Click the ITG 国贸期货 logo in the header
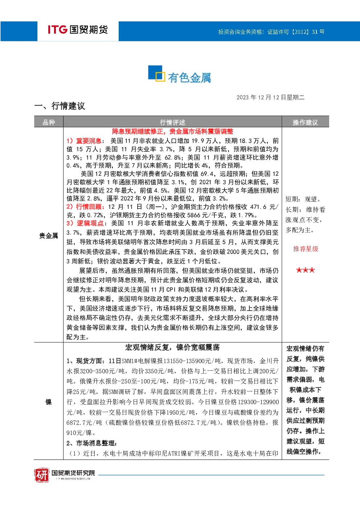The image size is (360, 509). [x=78, y=29]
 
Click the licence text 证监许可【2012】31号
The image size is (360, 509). [x=296, y=32]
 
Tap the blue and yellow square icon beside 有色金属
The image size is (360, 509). [x=156, y=73]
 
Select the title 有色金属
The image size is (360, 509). [x=189, y=78]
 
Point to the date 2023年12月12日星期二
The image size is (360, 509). [x=270, y=98]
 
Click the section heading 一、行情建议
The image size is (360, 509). [x=60, y=106]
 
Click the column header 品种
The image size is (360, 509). [x=49, y=123]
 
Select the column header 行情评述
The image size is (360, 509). [x=172, y=123]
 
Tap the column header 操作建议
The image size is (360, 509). [x=305, y=123]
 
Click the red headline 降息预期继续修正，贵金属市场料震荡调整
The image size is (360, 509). [x=172, y=131]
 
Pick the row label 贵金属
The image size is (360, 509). [x=48, y=236]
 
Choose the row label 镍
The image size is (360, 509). [x=48, y=402]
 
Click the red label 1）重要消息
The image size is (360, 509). [x=84, y=141]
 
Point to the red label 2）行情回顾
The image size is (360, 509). [x=85, y=207]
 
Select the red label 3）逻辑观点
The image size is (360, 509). [x=85, y=223]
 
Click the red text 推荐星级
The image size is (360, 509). [x=306, y=249]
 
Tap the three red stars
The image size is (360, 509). [x=306, y=270]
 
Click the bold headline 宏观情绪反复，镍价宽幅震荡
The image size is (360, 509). [x=172, y=348]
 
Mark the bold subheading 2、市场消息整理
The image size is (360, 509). [x=91, y=443]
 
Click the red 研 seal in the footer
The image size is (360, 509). [x=42, y=475]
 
